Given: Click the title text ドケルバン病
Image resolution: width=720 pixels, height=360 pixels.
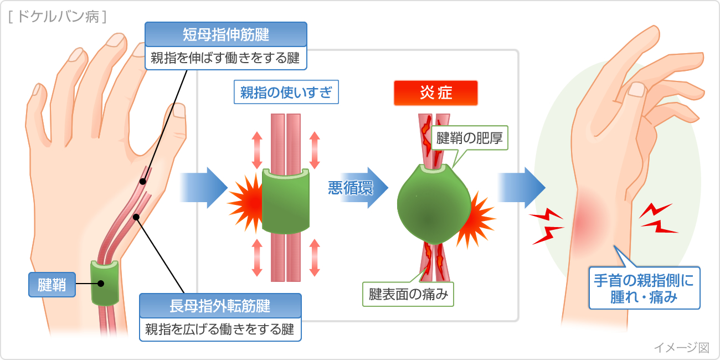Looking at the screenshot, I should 58,17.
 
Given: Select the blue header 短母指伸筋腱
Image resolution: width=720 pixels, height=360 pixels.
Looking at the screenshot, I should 225,35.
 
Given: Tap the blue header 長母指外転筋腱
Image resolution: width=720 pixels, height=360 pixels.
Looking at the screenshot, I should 220,306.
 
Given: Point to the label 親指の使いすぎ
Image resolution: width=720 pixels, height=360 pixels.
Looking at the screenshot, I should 286,92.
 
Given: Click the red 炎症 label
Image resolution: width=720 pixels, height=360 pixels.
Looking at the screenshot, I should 435,92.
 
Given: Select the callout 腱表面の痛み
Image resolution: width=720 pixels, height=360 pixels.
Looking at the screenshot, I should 408,294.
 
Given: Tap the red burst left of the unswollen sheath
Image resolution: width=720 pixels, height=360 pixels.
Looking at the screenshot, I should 245,200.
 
